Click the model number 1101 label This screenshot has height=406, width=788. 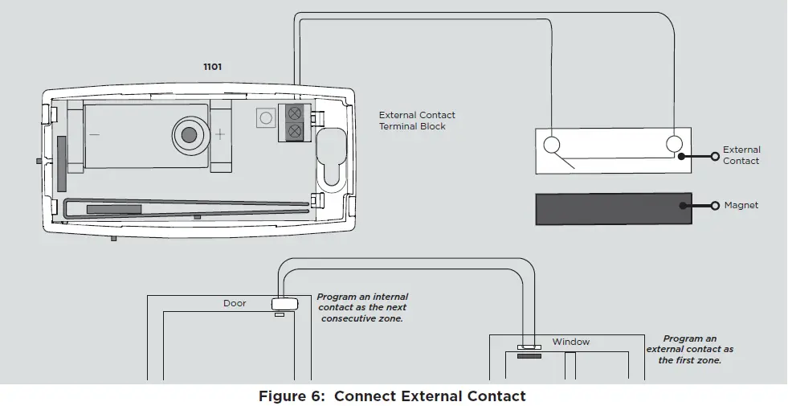[x=212, y=67]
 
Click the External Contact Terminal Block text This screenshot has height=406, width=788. [x=417, y=121]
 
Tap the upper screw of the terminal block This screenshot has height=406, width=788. [x=295, y=113]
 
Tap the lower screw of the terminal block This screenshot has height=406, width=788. [x=295, y=129]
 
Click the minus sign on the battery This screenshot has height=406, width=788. [x=95, y=135]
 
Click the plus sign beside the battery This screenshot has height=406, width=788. [x=219, y=134]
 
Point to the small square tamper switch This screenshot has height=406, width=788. [x=265, y=117]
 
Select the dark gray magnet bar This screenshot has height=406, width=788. [x=614, y=208]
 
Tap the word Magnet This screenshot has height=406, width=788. [x=741, y=206]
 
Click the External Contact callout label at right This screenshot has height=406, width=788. [x=741, y=155]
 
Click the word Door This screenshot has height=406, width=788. [x=235, y=304]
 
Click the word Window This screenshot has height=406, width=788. [x=570, y=342]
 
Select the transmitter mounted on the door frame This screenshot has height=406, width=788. [x=285, y=304]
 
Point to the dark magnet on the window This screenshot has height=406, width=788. [x=529, y=355]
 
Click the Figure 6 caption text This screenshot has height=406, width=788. [x=392, y=396]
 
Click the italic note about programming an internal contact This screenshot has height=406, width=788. [x=362, y=308]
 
